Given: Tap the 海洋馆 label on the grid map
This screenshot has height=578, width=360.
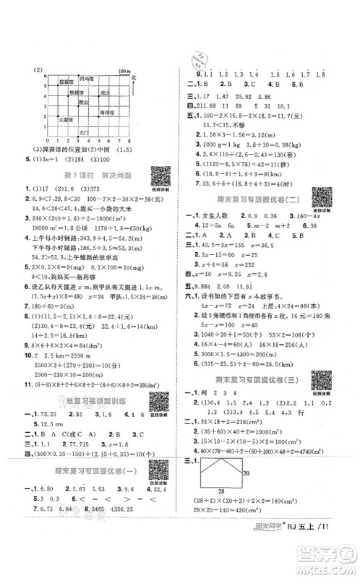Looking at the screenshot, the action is click(107, 113).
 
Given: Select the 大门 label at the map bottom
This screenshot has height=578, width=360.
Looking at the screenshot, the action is click(83, 133).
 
